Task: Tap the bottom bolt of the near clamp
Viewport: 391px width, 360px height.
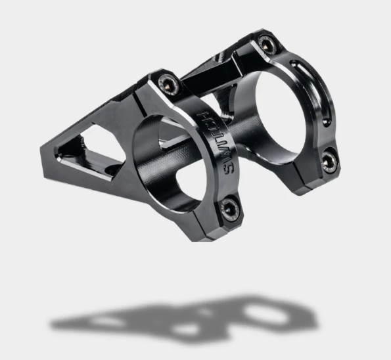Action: [x=229, y=210]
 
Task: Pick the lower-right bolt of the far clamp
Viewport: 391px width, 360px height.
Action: [x=329, y=159]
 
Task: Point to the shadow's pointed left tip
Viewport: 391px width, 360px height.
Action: [x=53, y=325]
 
